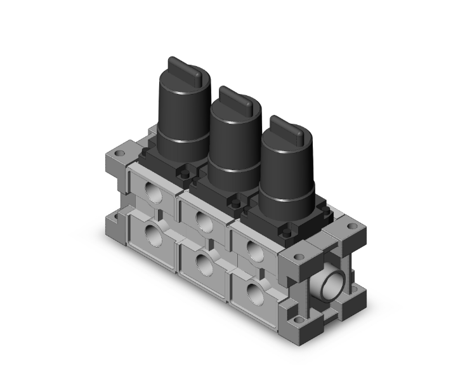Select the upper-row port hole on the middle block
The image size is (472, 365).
click(204, 220)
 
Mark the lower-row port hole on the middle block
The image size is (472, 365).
click(204, 262)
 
